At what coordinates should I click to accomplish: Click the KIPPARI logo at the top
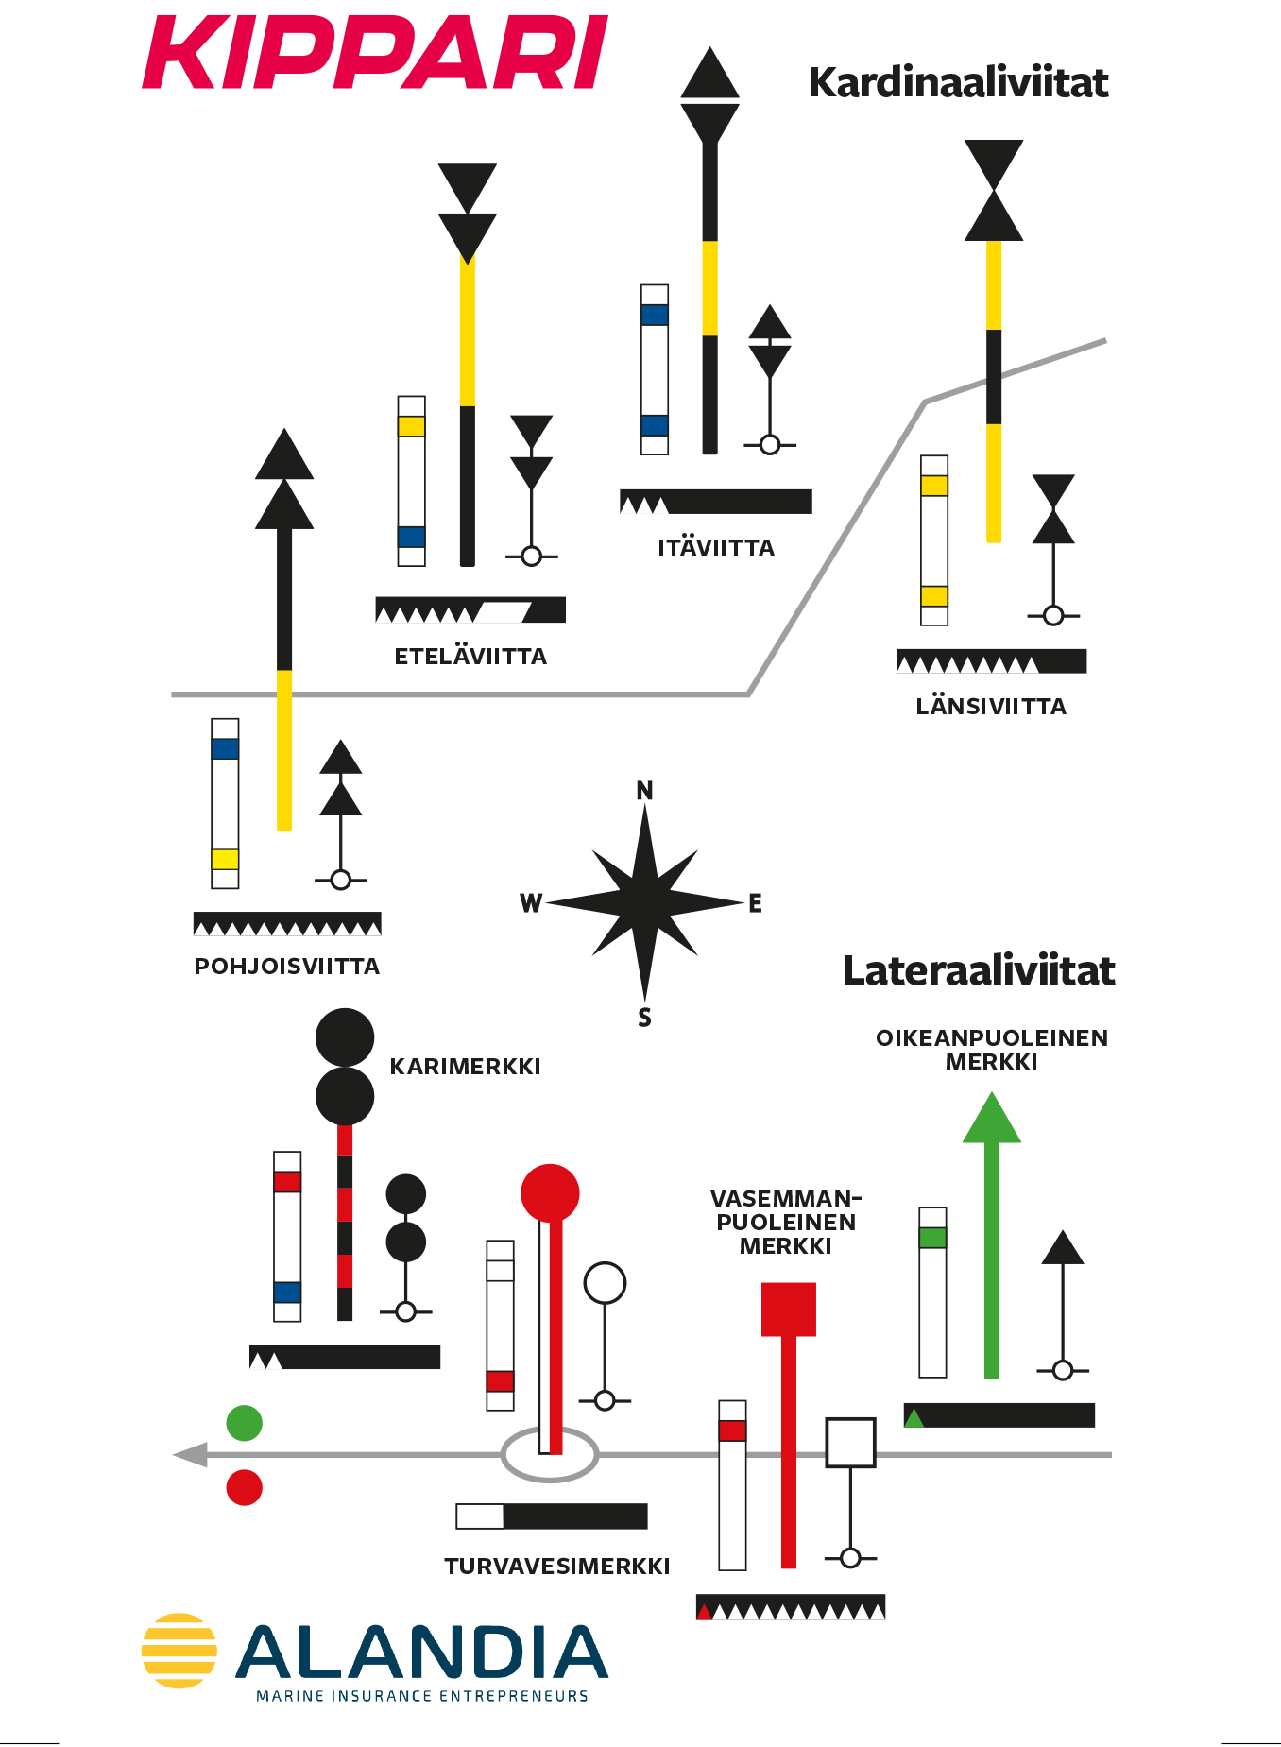pyautogui.click(x=375, y=53)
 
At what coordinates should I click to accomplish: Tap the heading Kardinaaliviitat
pyautogui.click(x=958, y=83)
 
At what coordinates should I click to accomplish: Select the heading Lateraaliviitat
pyautogui.click(x=979, y=971)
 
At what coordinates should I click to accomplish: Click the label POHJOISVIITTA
pyautogui.click(x=287, y=967)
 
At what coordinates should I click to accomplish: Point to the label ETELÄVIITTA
pyautogui.click(x=470, y=656)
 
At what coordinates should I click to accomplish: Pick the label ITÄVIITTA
pyautogui.click(x=716, y=547)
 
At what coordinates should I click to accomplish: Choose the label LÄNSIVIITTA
pyautogui.click(x=991, y=706)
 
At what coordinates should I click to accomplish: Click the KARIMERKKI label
pyautogui.click(x=466, y=1067)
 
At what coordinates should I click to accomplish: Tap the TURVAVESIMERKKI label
pyautogui.click(x=557, y=1567)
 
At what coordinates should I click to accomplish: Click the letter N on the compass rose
pyautogui.click(x=644, y=791)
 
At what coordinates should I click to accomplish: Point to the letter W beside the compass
pyautogui.click(x=531, y=904)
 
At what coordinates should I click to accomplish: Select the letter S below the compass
pyautogui.click(x=644, y=1018)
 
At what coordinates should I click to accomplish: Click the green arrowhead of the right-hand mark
pyautogui.click(x=992, y=1118)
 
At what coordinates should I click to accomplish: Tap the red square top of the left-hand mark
pyautogui.click(x=789, y=1310)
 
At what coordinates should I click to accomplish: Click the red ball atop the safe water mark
pyautogui.click(x=550, y=1193)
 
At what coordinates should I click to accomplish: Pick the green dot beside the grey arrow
pyautogui.click(x=245, y=1423)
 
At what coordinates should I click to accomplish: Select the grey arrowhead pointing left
pyautogui.click(x=191, y=1455)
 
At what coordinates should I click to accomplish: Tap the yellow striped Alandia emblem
pyautogui.click(x=179, y=1651)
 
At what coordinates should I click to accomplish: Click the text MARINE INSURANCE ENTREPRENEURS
pyautogui.click(x=422, y=1696)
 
